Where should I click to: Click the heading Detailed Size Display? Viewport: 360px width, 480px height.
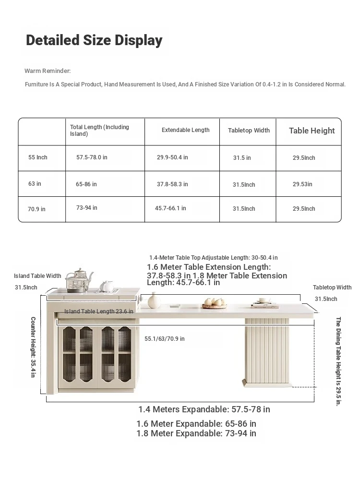coord(94,40)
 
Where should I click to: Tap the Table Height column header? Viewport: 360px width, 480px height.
coord(312,131)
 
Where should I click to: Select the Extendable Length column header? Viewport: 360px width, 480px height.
coord(185,130)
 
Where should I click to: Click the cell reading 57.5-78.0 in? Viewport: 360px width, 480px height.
coord(92,157)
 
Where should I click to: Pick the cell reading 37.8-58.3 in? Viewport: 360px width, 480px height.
coord(172,184)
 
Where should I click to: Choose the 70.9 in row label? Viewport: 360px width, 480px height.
coord(36,209)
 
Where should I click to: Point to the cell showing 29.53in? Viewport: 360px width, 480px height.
coord(302,184)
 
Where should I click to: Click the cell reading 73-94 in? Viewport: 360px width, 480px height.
coord(86,208)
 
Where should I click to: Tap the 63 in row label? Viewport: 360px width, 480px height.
coord(35,184)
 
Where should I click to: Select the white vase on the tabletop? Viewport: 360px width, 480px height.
coord(154,301)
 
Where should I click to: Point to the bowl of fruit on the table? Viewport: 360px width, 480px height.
coord(214,303)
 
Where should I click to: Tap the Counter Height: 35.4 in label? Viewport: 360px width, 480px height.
coord(33,347)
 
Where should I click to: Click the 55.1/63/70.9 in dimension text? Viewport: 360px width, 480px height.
coord(165,339)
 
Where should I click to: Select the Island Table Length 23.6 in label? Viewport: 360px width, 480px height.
coord(98,312)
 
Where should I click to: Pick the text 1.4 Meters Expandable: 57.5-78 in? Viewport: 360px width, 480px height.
coord(204,409)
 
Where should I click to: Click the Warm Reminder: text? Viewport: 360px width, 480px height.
coord(48,71)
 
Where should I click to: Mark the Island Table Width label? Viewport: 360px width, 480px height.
coord(37,276)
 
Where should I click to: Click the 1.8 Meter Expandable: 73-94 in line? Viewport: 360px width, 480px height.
coord(196,433)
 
